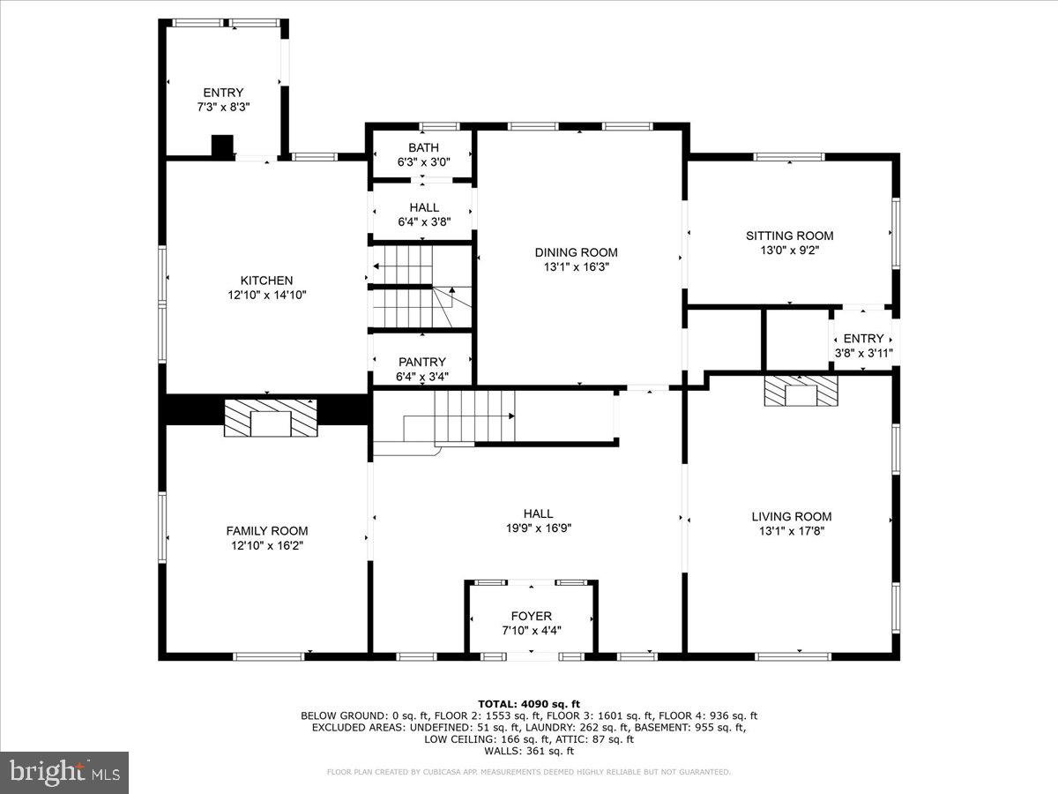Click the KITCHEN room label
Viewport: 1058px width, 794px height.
tap(266, 281)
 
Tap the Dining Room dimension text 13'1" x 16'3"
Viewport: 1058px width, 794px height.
tap(576, 266)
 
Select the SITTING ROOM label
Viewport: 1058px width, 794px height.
tap(789, 236)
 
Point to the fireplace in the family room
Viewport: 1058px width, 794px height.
tap(270, 418)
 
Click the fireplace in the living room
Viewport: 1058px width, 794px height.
tap(801, 390)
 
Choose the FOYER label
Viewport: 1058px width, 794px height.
tap(531, 616)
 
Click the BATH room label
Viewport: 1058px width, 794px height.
tap(423, 147)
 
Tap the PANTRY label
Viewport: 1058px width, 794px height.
tap(422, 362)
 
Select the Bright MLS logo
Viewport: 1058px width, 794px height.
tap(64, 772)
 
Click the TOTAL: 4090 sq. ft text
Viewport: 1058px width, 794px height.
tap(529, 703)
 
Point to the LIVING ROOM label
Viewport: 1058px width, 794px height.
tap(791, 516)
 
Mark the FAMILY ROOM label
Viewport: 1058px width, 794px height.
tap(266, 530)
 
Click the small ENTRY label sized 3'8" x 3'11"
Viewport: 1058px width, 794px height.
tap(863, 339)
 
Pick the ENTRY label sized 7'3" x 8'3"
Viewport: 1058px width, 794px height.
tap(223, 93)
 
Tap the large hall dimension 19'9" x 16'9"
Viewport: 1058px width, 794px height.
tap(538, 528)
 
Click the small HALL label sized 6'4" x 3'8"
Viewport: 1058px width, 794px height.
tap(424, 207)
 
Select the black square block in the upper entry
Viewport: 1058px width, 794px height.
tap(223, 146)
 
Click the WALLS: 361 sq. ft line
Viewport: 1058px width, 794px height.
tap(529, 751)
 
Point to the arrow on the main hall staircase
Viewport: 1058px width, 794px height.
tap(509, 415)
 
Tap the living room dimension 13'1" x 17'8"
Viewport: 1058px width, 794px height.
tap(791, 531)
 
